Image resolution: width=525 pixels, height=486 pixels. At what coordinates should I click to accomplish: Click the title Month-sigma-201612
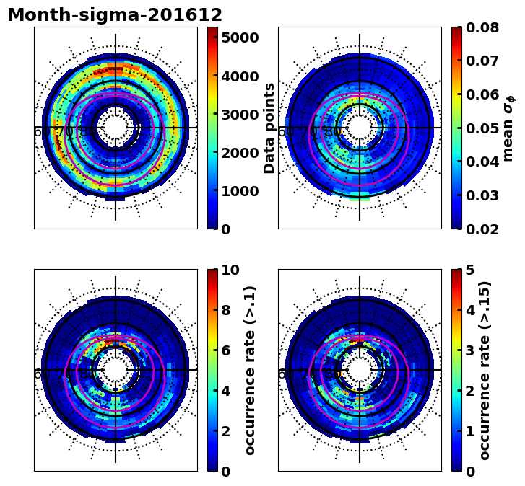(115, 15)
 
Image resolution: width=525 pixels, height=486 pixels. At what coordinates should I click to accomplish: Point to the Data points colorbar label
(270, 128)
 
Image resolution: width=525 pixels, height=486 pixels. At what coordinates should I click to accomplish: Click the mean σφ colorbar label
(508, 128)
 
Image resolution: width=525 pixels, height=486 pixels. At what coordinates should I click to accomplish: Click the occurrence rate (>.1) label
(251, 370)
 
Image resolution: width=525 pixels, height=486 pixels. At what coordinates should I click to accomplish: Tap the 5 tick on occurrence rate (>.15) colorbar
(469, 270)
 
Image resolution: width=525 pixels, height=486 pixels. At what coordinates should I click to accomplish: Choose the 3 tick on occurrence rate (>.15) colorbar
(469, 350)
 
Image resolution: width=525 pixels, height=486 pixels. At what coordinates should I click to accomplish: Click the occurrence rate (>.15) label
(485, 370)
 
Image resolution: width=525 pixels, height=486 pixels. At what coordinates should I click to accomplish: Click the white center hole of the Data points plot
(116, 128)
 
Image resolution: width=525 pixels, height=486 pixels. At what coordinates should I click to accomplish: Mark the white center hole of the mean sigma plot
(360, 128)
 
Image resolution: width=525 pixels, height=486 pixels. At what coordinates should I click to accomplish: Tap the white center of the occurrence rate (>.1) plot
(116, 370)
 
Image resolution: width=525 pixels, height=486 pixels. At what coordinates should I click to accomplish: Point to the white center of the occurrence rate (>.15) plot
(360, 370)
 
